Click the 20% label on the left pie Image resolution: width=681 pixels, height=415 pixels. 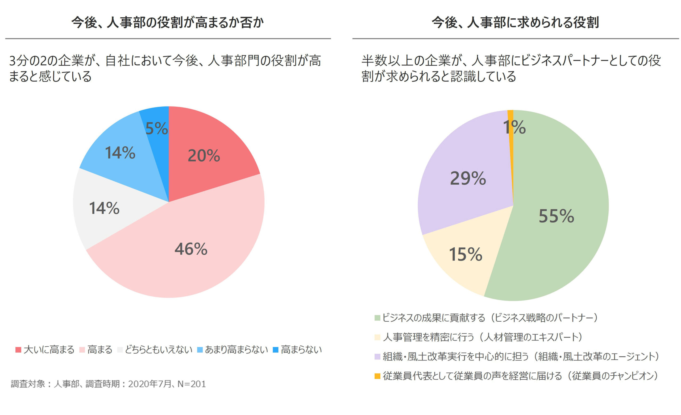click(204, 156)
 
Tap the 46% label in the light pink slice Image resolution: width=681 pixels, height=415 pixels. click(191, 249)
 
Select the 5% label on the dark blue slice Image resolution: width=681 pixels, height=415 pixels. click(156, 128)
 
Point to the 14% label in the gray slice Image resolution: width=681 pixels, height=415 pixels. click(104, 208)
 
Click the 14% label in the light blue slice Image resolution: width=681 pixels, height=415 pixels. click(120, 152)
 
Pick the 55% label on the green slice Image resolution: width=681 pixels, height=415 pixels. click(556, 216)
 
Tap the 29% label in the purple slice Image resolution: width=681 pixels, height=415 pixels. click(468, 178)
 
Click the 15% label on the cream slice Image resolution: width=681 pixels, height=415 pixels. click(466, 254)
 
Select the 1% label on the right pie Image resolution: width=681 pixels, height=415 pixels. click(514, 127)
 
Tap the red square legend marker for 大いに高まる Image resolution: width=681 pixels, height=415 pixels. click(18, 350)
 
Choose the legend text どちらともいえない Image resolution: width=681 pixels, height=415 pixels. click(158, 350)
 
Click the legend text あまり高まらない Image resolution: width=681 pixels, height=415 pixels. click(236, 350)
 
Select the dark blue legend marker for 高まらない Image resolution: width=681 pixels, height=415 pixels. click(276, 350)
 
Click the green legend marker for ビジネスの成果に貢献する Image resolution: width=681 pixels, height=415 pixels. click(377, 318)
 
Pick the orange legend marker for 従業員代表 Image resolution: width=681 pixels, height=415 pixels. click(377, 376)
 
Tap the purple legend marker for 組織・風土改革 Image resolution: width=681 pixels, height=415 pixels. click(377, 357)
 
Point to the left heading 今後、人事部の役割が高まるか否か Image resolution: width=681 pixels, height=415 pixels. click(168, 22)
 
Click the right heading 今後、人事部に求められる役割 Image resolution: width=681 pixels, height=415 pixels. click(516, 22)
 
